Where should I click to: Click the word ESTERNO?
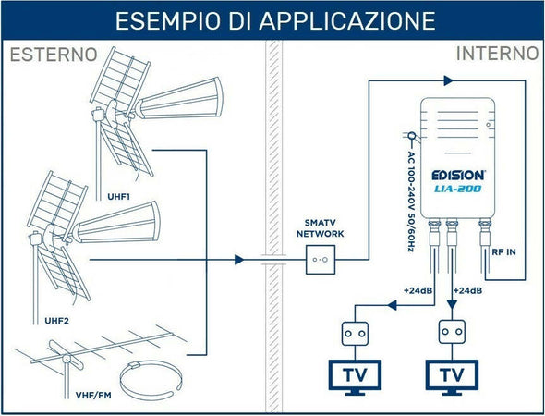pos(53,55)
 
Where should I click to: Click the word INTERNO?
pos(496,55)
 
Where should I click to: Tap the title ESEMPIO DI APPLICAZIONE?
pos(272,20)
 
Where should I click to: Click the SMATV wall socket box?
pos(322,260)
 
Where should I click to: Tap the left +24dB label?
pos(417,291)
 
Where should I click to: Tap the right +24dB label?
pos(469,291)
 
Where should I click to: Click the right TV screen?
pos(452,375)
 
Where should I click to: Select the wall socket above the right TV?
pos(452,331)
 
